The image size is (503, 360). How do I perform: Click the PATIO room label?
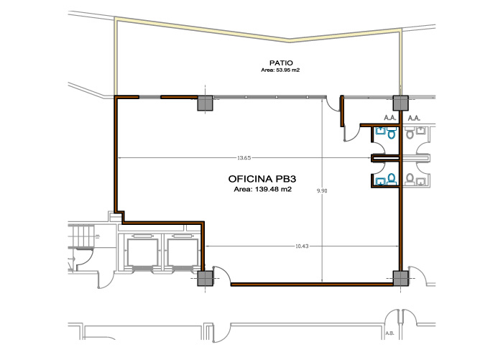point(281,63)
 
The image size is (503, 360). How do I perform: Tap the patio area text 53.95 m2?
point(280,70)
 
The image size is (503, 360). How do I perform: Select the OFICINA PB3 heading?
point(262,179)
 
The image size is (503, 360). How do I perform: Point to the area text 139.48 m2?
point(263,189)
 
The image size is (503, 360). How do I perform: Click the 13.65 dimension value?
point(244,158)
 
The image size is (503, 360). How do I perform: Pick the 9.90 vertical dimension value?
point(322,190)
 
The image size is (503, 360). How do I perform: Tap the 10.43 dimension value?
point(302,246)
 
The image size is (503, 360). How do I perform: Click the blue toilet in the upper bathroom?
point(391,132)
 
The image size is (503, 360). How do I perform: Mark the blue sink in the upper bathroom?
point(380,131)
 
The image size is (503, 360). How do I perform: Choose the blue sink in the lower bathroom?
point(380,182)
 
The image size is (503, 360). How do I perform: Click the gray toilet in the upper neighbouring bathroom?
point(410,132)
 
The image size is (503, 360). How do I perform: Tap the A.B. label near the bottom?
point(389,333)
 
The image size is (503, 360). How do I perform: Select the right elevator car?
point(183,252)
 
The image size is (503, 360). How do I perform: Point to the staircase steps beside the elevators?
point(80,236)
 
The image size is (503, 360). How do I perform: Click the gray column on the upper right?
point(401,103)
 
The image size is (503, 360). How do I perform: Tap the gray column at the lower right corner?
point(401,278)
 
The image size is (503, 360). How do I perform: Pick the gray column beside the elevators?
point(205,278)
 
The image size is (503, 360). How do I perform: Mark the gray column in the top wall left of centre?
point(205,103)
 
